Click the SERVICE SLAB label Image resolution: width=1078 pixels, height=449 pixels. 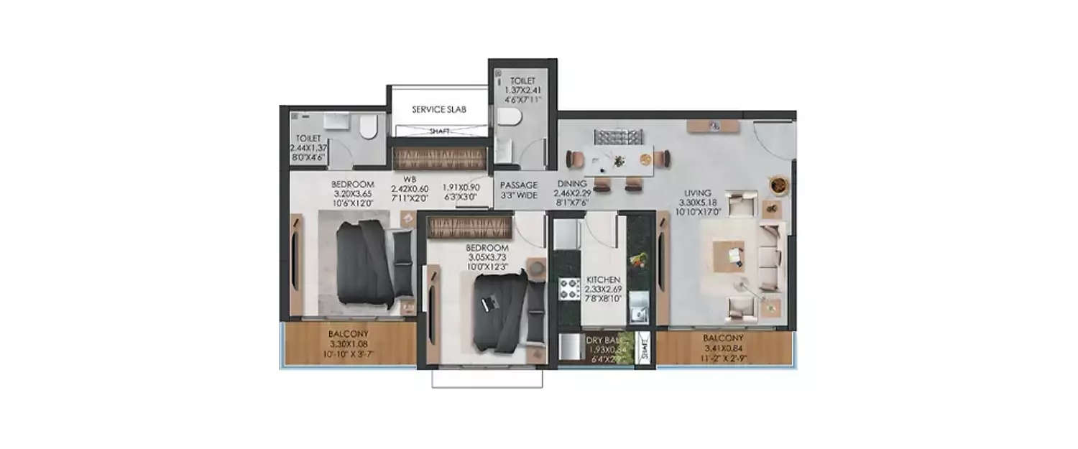[438, 110]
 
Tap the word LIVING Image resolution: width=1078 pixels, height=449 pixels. [697, 193]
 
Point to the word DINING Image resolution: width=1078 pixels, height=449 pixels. [573, 184]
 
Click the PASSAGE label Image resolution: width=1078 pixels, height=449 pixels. [519, 185]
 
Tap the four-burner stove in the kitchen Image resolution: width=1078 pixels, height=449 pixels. [570, 289]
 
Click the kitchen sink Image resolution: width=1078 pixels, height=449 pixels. [637, 314]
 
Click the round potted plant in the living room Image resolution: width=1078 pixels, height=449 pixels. [778, 185]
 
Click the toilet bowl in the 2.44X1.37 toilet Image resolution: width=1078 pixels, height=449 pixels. [368, 128]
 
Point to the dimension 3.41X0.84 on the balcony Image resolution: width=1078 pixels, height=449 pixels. [724, 347]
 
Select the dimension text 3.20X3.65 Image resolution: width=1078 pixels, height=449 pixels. [354, 193]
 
